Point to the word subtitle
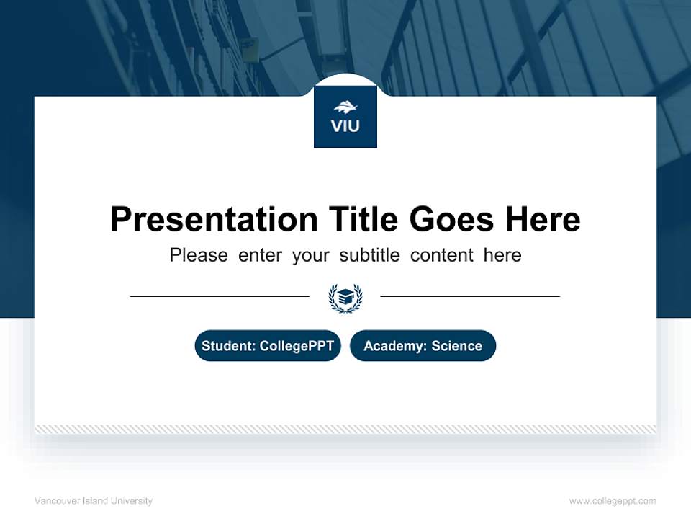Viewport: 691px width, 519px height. tap(367, 255)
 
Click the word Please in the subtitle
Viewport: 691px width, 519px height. tap(199, 255)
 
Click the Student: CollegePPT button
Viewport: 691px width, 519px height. tap(268, 346)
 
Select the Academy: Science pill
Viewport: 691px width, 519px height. tap(423, 346)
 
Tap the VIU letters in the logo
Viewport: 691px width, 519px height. tap(345, 126)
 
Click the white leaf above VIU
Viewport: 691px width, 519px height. tap(345, 108)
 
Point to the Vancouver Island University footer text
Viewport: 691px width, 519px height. tap(94, 501)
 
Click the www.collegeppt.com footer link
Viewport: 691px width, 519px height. tap(613, 501)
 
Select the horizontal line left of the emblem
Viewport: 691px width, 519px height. tap(220, 296)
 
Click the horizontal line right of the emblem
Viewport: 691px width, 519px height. tap(470, 296)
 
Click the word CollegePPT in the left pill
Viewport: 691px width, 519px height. tap(297, 346)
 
